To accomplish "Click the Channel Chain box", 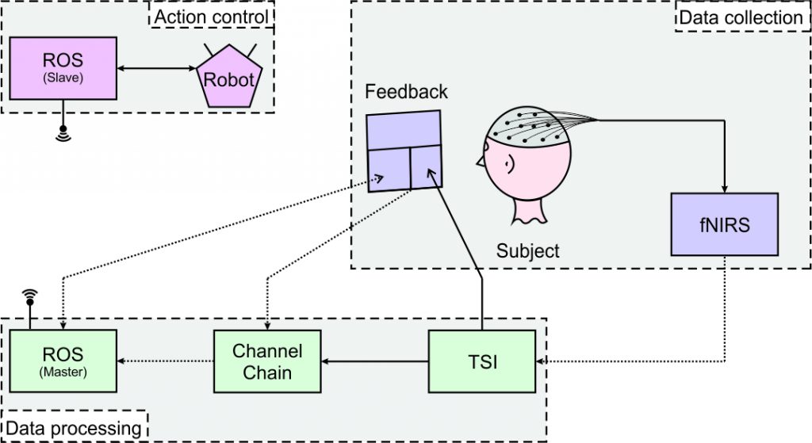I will [267, 361].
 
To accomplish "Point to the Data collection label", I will [741, 17].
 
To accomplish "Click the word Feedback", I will [406, 92].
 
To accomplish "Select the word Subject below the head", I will [527, 251].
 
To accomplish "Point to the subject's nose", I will [479, 162].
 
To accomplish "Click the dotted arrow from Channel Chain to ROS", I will [166, 361].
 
